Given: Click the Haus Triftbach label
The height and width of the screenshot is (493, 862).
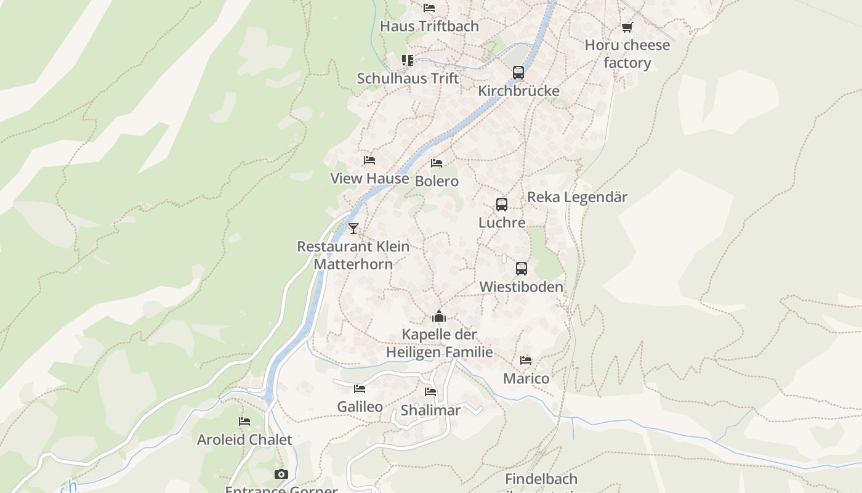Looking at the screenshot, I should [429, 26].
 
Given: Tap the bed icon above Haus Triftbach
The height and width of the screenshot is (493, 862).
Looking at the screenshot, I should [429, 8].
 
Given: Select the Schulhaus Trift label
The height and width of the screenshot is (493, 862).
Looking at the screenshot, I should [408, 79].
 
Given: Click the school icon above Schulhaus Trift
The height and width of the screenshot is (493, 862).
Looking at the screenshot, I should [408, 60].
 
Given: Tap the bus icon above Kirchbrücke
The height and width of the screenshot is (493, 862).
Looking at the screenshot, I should [518, 72].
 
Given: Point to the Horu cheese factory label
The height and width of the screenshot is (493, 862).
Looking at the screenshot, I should [627, 54].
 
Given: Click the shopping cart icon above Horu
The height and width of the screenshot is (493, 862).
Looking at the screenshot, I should [627, 27].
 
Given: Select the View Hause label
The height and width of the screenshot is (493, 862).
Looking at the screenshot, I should [369, 179].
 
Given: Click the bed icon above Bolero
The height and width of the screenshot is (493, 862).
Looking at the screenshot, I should [437, 163].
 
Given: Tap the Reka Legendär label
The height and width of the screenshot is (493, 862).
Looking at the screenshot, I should [577, 197].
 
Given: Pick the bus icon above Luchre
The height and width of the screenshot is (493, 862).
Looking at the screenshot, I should [502, 204].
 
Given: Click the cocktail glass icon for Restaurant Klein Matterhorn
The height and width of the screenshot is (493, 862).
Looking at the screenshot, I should [353, 229].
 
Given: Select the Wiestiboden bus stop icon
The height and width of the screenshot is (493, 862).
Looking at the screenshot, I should [522, 269].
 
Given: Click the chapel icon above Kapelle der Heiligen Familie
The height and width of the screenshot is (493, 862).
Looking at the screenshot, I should [439, 317].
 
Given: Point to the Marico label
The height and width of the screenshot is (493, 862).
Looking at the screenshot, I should [526, 378].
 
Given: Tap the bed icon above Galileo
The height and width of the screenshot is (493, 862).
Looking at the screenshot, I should [360, 388].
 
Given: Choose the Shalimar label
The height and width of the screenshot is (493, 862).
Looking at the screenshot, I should [430, 410].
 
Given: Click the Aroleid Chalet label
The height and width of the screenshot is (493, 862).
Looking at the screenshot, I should [244, 440].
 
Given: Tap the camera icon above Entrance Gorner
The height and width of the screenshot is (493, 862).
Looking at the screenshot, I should [281, 474].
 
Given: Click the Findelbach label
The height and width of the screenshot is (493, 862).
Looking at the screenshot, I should [541, 479].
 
